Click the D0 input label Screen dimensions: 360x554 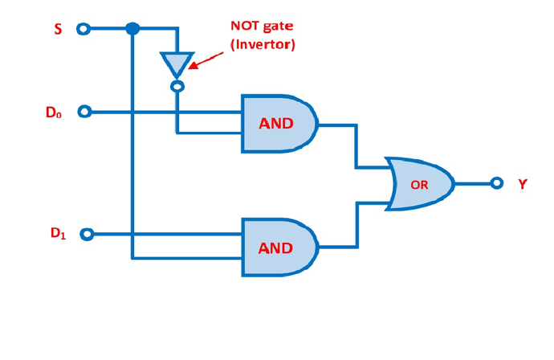(53, 112)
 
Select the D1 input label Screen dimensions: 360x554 (57, 234)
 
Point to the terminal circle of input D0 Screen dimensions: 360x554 (85, 112)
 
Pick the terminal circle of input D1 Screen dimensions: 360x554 (87, 235)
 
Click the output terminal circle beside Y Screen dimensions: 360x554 (497, 183)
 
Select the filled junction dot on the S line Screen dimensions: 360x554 (132, 29)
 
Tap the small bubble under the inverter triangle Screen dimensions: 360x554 (177, 85)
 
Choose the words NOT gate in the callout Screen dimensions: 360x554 (263, 27)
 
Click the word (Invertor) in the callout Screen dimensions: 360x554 (263, 45)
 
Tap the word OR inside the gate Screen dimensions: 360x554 (419, 184)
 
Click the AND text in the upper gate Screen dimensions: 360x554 (275, 124)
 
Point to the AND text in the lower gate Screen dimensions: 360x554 (275, 247)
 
